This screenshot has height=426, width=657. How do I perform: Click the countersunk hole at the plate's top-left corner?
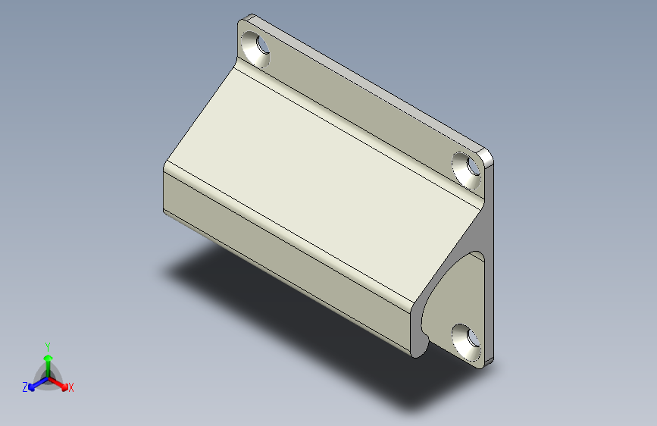tap(256, 49)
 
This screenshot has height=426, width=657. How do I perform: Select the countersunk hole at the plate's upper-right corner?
tap(466, 171)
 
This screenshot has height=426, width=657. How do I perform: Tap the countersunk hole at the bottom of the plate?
tap(466, 342)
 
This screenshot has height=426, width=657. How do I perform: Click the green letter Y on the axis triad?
tap(48, 346)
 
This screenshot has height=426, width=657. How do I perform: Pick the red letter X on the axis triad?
tap(70, 387)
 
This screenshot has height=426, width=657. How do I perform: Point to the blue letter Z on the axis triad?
tap(25, 387)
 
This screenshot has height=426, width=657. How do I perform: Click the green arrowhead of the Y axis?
tap(48, 358)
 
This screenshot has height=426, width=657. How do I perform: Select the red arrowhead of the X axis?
tap(64, 387)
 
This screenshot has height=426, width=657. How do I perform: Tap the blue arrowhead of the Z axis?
tap(31, 388)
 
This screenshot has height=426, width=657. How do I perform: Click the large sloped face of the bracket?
tap(323, 180)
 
